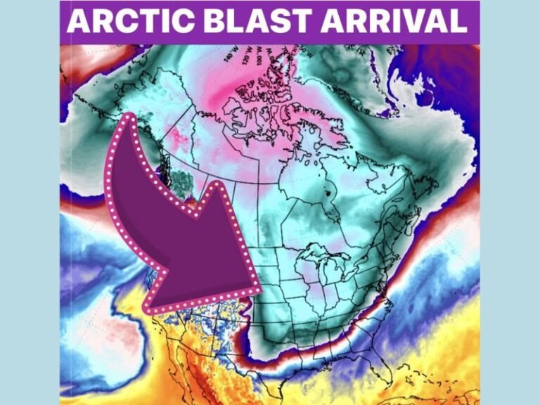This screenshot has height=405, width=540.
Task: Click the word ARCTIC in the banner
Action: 119,21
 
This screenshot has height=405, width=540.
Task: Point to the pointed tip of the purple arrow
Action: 262,290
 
